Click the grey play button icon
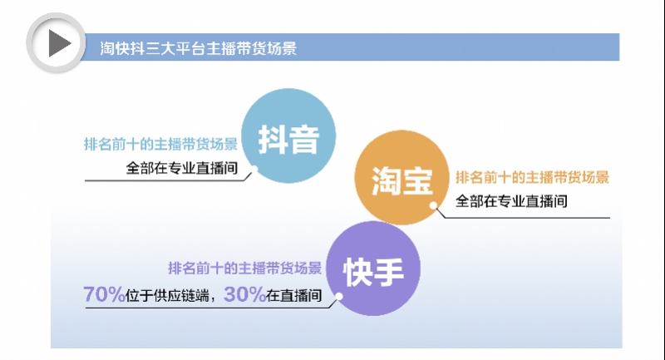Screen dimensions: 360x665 tap(56, 42)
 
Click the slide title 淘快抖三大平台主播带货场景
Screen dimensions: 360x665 tap(193, 48)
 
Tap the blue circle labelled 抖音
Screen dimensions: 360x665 tap(288, 138)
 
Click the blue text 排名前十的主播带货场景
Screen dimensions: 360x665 tap(161, 143)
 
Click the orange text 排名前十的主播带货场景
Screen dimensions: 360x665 tap(532, 177)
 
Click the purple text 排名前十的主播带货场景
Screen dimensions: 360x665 tap(244, 269)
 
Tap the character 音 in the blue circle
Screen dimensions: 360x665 tap(305, 138)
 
